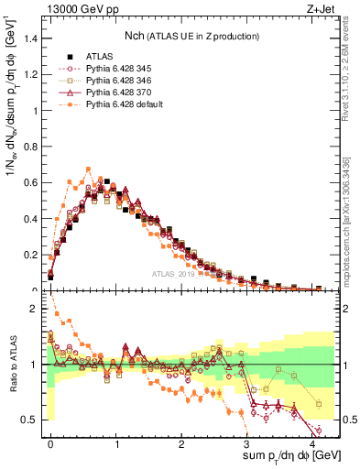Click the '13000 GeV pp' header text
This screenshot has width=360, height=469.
(77, 10)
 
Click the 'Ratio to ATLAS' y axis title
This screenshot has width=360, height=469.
(12, 366)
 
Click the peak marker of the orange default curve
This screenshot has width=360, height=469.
(88, 169)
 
